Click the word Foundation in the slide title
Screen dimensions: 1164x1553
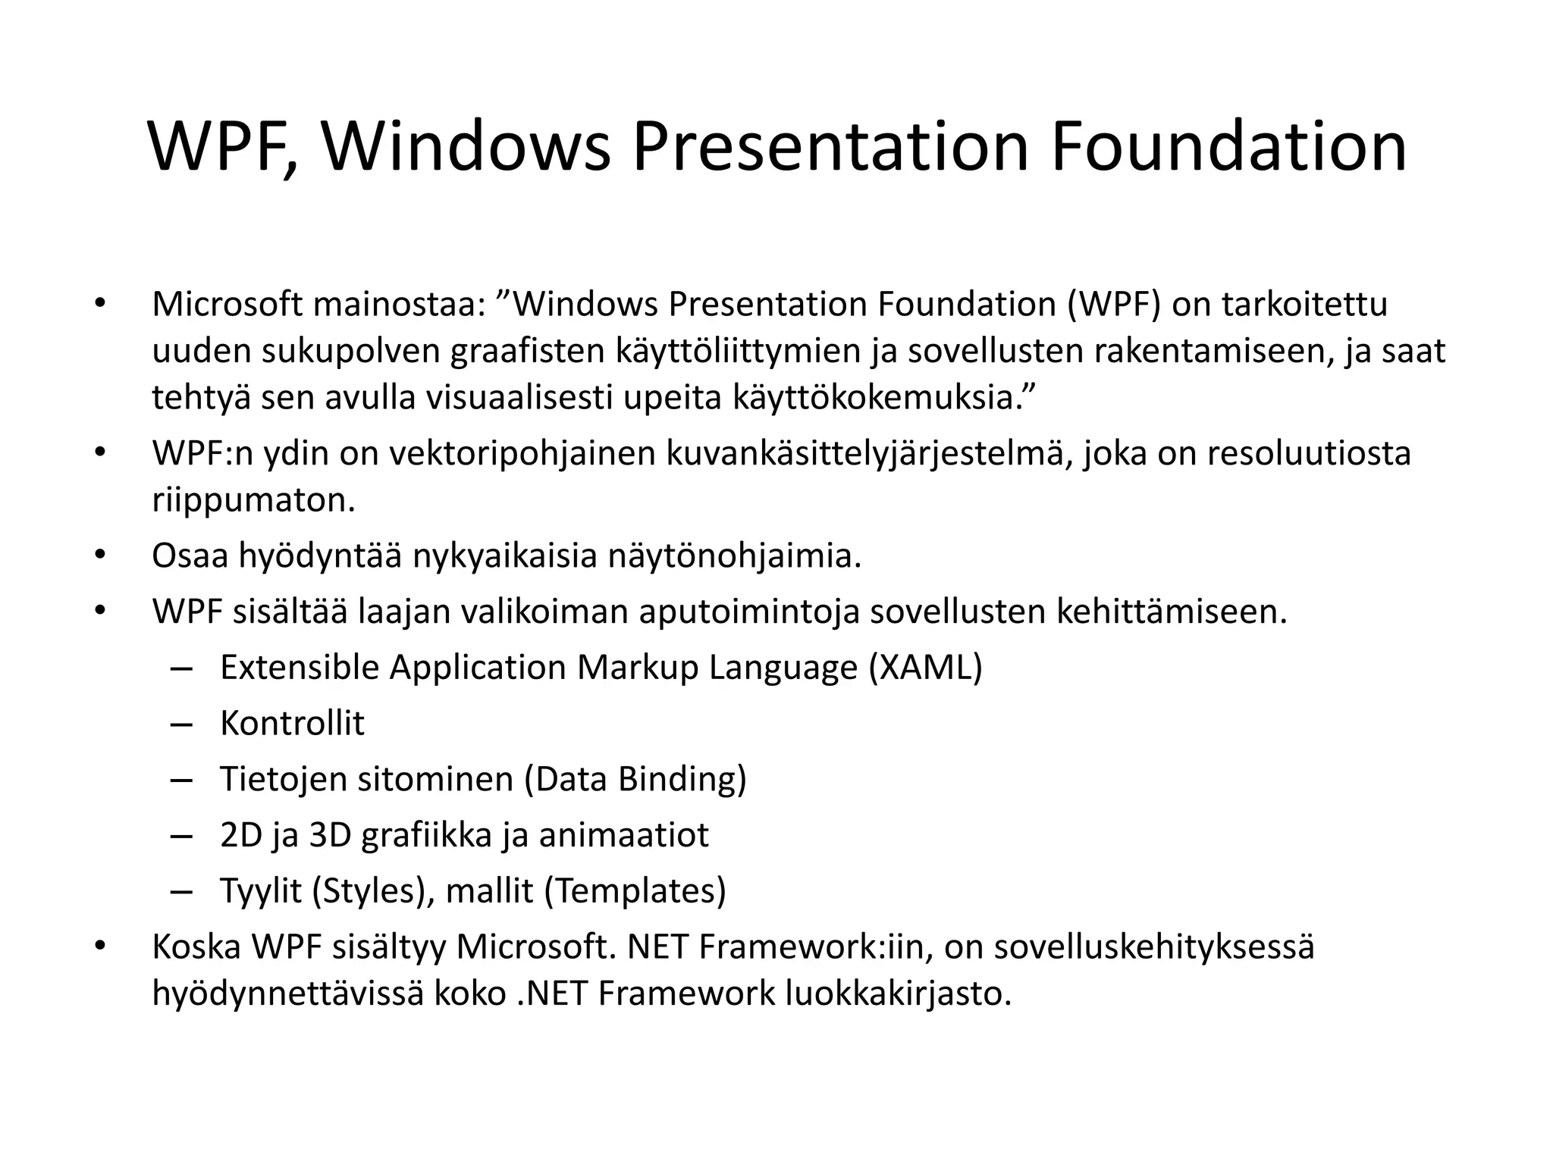click(1228, 147)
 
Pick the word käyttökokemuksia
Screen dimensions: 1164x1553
click(882, 398)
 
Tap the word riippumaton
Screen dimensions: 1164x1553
click(253, 501)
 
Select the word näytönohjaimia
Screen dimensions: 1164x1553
click(735, 556)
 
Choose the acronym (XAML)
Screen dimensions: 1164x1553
click(926, 668)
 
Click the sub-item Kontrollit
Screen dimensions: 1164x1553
click(292, 724)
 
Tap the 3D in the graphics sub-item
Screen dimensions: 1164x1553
click(330, 835)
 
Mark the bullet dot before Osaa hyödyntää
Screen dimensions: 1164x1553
click(99, 556)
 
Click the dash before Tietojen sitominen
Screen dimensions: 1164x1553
click(182, 780)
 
